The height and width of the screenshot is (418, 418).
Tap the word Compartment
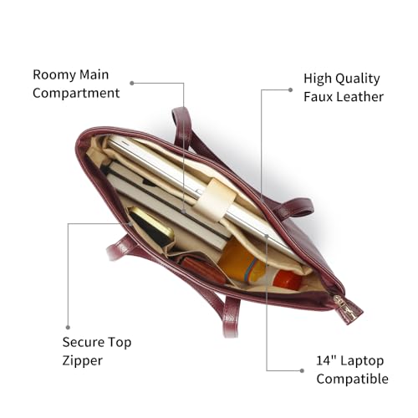76,93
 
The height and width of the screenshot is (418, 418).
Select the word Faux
318,97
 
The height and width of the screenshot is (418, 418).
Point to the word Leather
359,97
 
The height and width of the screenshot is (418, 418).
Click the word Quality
358,79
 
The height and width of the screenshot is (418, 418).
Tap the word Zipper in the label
83,361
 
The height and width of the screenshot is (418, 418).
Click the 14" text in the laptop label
326,360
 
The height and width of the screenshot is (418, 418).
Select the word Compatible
352,379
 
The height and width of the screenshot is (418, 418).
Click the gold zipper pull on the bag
345,307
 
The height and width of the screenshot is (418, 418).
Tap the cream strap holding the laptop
215,200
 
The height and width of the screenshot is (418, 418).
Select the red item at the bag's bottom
287,279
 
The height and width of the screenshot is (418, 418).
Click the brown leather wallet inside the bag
202,271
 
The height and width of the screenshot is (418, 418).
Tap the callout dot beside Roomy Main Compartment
132,83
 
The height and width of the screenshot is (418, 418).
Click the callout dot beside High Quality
290,89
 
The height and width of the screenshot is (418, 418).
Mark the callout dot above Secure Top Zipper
68,328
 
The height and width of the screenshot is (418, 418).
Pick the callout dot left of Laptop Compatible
302,370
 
